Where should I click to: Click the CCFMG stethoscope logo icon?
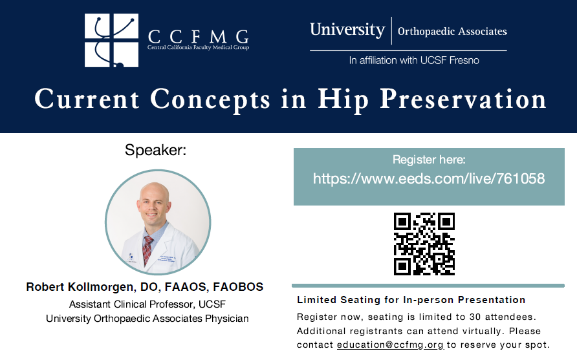tap(111, 40)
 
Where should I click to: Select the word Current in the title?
tap(87, 99)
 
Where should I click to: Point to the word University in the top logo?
tap(347, 30)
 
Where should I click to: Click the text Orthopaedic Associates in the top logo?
tap(452, 31)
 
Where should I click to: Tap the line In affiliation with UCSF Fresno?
tap(414, 60)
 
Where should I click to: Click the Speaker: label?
tap(155, 151)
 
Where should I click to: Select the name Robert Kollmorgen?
tap(82, 286)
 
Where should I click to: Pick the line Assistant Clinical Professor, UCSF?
tap(147, 304)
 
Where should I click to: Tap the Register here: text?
tap(429, 160)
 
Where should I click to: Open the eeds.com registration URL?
tap(429, 178)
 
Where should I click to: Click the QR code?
tap(424, 244)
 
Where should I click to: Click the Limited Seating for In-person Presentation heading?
tap(411, 300)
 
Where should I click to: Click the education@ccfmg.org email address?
tap(390, 344)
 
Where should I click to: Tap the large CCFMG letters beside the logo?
tap(198, 36)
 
